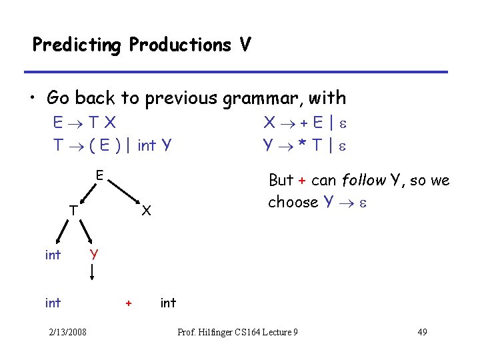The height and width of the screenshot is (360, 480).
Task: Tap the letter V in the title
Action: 245,45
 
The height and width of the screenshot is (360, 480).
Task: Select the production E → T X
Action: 86,123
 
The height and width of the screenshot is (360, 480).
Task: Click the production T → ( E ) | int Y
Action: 113,144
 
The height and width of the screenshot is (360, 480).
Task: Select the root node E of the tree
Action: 98,176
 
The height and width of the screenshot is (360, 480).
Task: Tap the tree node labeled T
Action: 74,211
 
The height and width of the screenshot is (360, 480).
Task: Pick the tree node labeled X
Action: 147,211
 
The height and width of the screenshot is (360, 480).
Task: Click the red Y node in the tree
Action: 95,254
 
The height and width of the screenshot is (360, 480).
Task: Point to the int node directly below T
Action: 53,255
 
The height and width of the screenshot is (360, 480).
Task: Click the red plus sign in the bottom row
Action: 128,303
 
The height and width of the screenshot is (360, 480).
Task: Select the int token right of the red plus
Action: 168,303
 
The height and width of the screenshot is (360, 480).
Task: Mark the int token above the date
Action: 53,303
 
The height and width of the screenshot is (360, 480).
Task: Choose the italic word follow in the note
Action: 363,180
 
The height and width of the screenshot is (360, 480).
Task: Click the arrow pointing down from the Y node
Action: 92,272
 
